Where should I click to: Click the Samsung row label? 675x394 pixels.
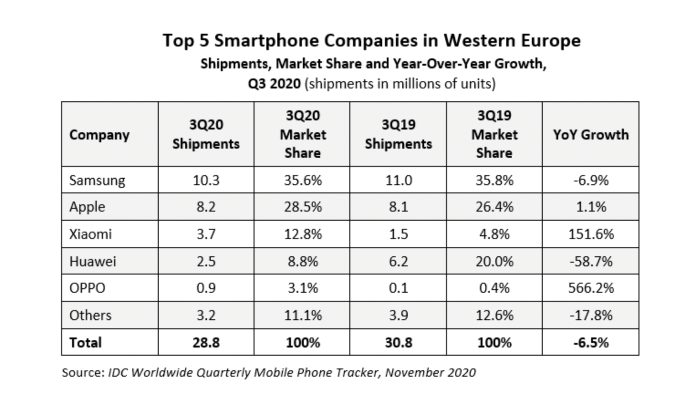(97, 181)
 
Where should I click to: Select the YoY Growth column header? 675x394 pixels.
(591, 135)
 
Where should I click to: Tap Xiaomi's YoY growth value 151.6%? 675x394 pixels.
(591, 234)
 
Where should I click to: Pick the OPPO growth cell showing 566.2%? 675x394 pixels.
(591, 288)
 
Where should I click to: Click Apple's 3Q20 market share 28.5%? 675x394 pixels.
(303, 207)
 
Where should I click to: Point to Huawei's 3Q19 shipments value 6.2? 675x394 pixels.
(399, 261)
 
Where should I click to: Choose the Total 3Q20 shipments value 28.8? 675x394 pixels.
(206, 342)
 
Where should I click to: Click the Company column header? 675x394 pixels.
(99, 135)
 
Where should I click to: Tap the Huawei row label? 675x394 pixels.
(93, 261)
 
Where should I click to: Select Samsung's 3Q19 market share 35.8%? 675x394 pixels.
(494, 181)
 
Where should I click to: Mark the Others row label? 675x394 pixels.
(90, 315)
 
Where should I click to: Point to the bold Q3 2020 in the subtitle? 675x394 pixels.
(274, 84)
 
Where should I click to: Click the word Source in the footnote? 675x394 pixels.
(83, 373)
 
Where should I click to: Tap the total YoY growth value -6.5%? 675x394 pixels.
(591, 342)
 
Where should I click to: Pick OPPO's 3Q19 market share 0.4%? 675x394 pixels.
(494, 288)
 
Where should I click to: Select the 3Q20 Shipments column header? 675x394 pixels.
(206, 135)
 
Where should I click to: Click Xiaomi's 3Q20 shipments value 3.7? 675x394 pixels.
(206, 234)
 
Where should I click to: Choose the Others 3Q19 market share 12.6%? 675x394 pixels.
(494, 315)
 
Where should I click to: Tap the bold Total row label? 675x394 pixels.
(85, 342)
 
